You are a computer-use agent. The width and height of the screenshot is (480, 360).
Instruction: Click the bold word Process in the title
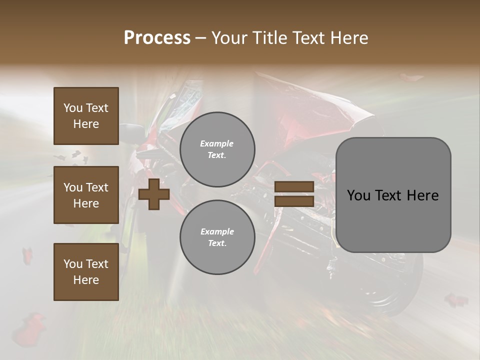click(157, 38)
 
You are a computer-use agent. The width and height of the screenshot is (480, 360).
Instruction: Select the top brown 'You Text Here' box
click(86, 116)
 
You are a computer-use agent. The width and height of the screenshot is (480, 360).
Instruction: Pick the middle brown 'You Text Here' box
click(86, 195)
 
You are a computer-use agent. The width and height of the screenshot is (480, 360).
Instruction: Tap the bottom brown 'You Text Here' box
click(86, 272)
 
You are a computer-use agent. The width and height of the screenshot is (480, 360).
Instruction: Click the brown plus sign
click(154, 194)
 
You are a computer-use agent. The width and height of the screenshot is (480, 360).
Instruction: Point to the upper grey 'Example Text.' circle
click(217, 149)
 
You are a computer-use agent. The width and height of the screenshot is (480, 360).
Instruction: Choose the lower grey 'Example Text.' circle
click(217, 237)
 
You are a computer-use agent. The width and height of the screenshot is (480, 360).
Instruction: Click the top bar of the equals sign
click(294, 186)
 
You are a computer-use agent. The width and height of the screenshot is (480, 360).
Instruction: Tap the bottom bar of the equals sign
click(294, 201)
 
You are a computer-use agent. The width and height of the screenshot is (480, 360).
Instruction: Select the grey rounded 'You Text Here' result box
click(393, 195)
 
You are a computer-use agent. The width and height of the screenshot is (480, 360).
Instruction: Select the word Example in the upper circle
click(217, 144)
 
